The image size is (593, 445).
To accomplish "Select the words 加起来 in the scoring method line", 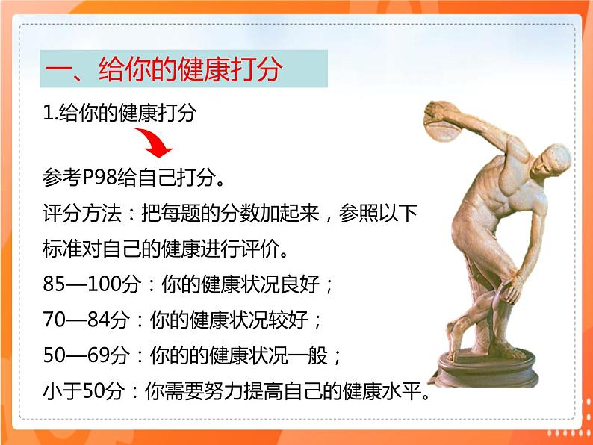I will (x=273, y=214).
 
